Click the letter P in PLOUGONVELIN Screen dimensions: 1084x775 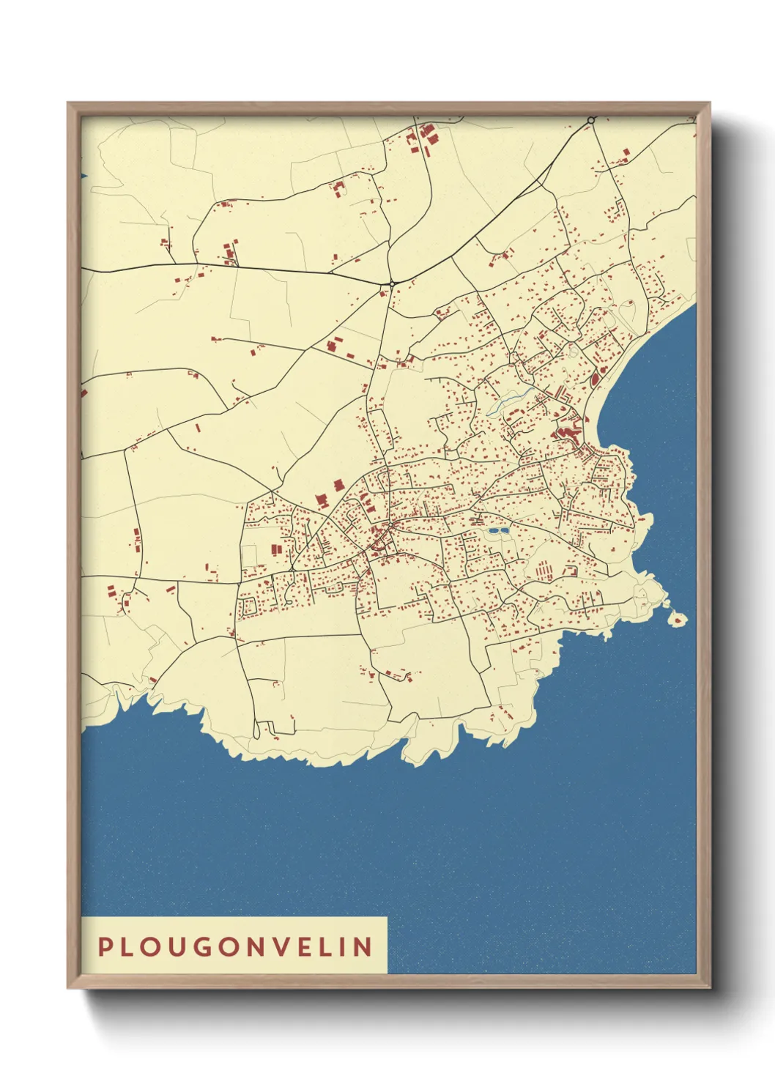click(x=105, y=946)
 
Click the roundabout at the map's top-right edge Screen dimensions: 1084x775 click(x=591, y=119)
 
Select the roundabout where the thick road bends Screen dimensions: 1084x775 click(x=393, y=283)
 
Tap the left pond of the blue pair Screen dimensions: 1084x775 click(x=493, y=530)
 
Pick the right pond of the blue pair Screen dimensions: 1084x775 click(x=504, y=530)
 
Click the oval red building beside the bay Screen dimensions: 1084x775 click(x=594, y=379)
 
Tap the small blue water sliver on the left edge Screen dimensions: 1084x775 click(x=84, y=176)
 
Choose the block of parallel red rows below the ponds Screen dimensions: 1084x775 click(x=544, y=569)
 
